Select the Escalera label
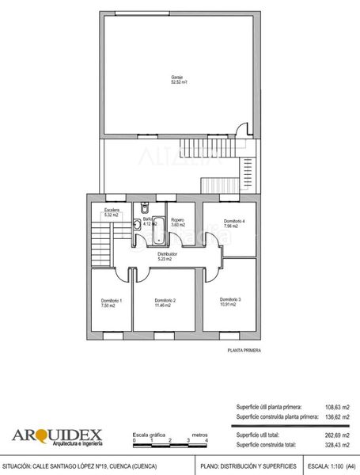(111, 210)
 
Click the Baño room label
(147, 219)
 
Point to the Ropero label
(178, 220)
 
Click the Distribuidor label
(167, 254)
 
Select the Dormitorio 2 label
(165, 300)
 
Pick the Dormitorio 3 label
(229, 298)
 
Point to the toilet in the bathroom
(144, 207)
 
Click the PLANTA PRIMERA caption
(244, 349)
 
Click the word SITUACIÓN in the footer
(17, 466)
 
